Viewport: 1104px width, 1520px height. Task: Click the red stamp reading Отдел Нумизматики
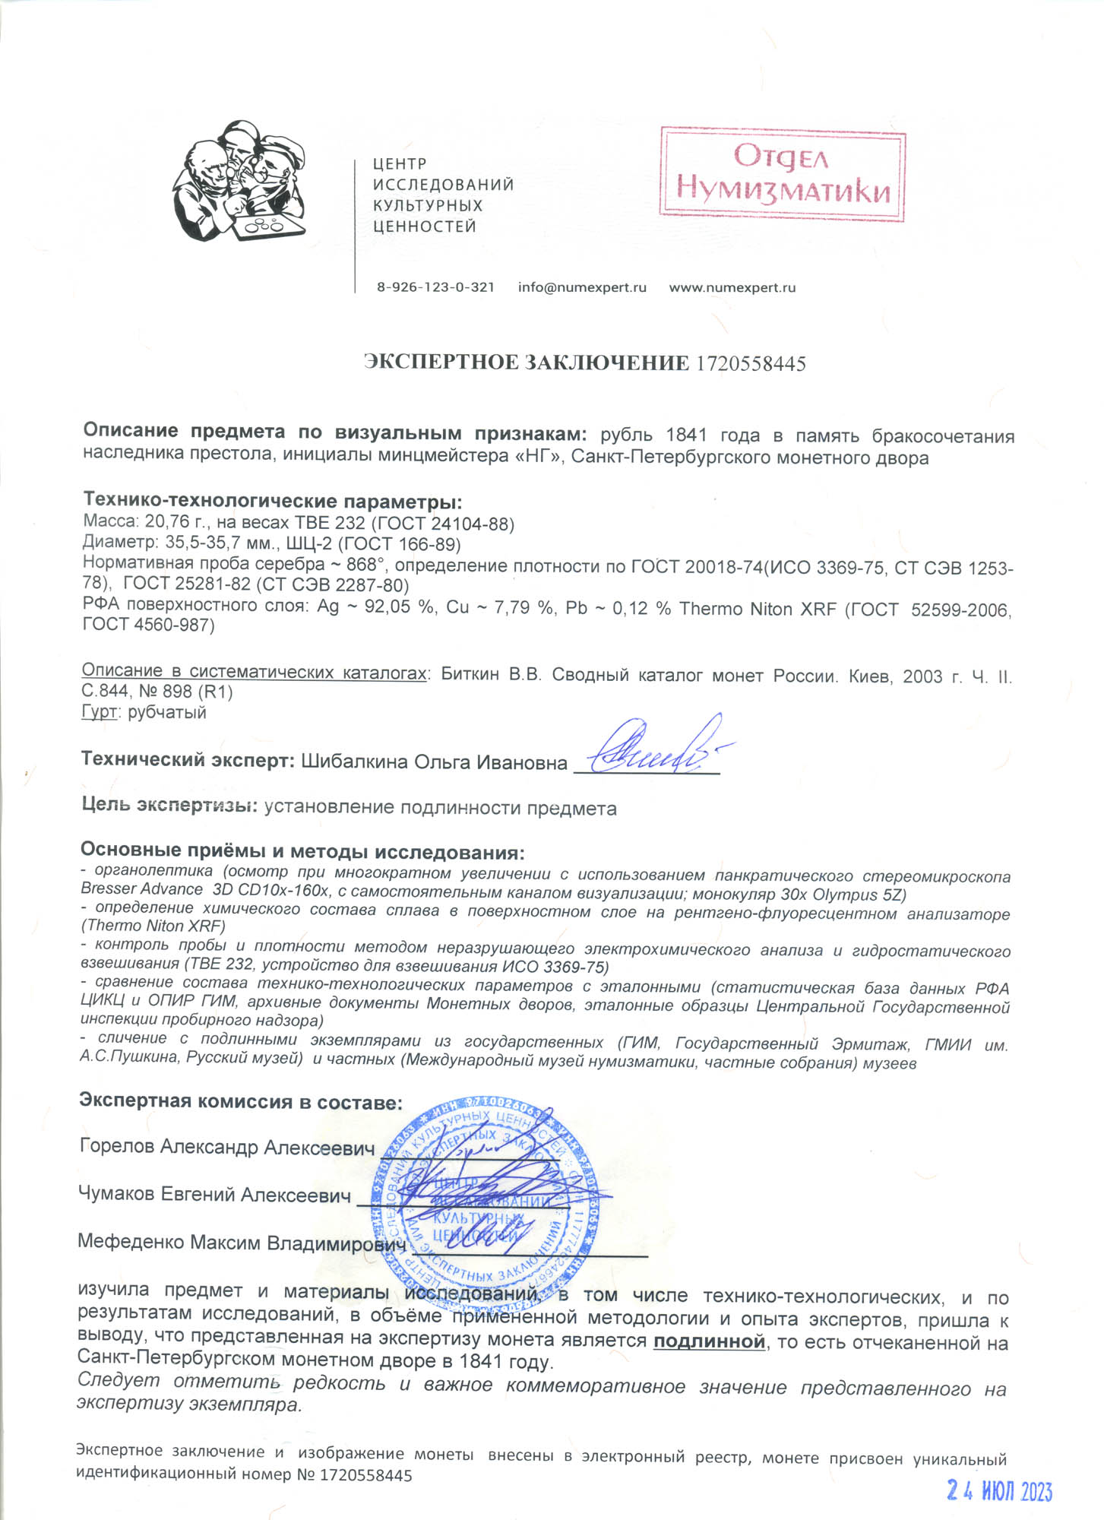[782, 175]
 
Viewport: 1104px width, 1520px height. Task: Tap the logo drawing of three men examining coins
[239, 181]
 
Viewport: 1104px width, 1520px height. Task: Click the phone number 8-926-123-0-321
[435, 287]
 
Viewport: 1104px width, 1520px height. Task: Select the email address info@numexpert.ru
[582, 287]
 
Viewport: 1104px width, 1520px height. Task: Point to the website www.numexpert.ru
[732, 287]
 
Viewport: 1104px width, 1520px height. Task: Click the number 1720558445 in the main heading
[751, 363]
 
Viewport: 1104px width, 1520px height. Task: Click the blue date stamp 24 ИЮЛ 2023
[999, 1491]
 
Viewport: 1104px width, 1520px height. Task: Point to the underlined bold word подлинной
[709, 1341]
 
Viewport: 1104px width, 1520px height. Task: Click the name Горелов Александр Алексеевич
[226, 1147]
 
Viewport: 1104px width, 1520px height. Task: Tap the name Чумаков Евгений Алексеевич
[214, 1194]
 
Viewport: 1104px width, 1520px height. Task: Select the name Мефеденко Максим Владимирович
[242, 1242]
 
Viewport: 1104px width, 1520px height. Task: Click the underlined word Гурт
[99, 712]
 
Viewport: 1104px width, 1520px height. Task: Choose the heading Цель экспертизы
[169, 805]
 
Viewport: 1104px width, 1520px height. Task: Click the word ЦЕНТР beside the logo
[400, 163]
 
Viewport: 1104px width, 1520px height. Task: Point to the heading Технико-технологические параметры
[272, 501]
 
